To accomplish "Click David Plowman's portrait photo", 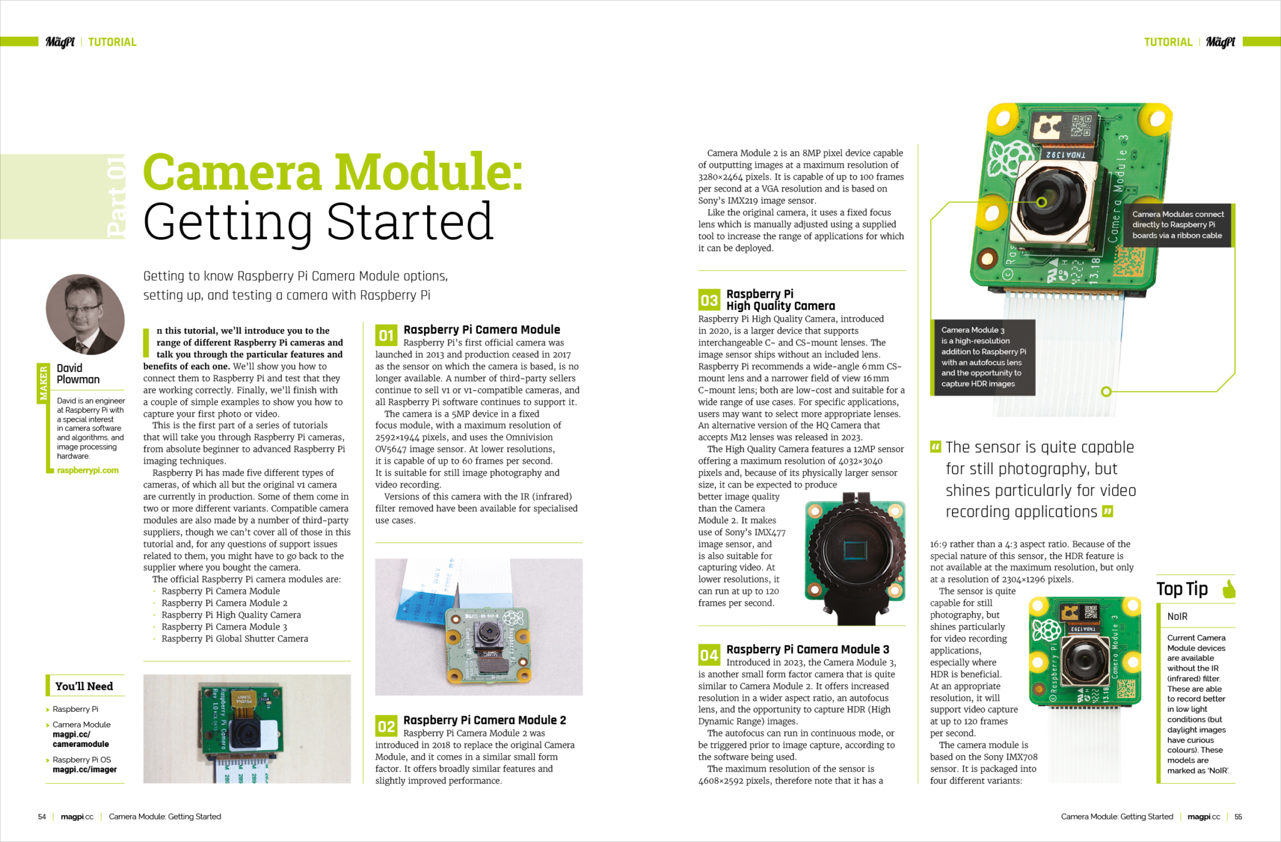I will (84, 314).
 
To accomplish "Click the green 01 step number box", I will (386, 335).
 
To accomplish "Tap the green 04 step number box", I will (709, 655).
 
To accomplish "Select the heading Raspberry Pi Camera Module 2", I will (484, 720).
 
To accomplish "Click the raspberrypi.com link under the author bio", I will (88, 470).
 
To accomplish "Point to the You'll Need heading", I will (84, 686).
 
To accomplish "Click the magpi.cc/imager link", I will (84, 769).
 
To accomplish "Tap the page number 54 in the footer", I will (42, 817).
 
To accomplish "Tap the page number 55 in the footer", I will (1238, 817).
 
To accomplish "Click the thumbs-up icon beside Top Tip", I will (1228, 589).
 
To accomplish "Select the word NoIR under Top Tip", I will (1177, 617).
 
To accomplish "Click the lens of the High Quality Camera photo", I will (854, 550).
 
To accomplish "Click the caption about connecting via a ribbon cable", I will (1177, 225).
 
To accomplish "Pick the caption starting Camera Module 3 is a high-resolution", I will (982, 357).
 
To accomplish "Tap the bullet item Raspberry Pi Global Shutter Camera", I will (235, 639).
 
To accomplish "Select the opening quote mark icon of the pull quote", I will (936, 447).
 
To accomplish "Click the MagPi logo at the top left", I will (60, 42).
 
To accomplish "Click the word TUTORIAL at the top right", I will (1168, 42).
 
